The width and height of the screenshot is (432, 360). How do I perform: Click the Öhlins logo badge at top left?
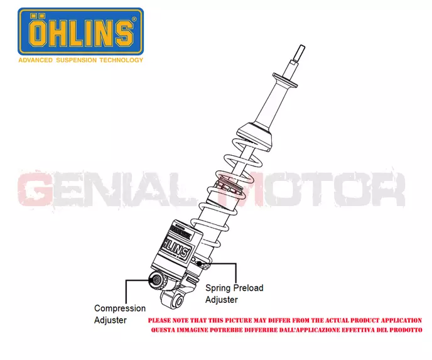(x=80, y=31)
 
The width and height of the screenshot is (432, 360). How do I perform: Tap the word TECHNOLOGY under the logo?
(x=121, y=60)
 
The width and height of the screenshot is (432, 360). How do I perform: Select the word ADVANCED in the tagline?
(x=35, y=60)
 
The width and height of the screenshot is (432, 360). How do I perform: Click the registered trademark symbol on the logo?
(x=134, y=19)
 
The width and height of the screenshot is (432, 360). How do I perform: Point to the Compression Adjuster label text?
(x=120, y=314)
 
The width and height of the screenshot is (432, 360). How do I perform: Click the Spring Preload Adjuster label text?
(x=234, y=294)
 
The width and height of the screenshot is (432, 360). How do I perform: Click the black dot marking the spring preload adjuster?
(x=200, y=264)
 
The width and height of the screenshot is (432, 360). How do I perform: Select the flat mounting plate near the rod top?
(x=285, y=80)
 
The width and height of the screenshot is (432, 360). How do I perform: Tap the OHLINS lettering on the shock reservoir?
(x=176, y=248)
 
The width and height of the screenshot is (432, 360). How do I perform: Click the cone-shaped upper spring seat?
(x=254, y=136)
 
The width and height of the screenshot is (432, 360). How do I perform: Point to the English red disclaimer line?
(x=285, y=320)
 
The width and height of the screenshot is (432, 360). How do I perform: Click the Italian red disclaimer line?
(x=286, y=330)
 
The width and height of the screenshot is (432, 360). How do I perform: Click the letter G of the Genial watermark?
(x=35, y=188)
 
